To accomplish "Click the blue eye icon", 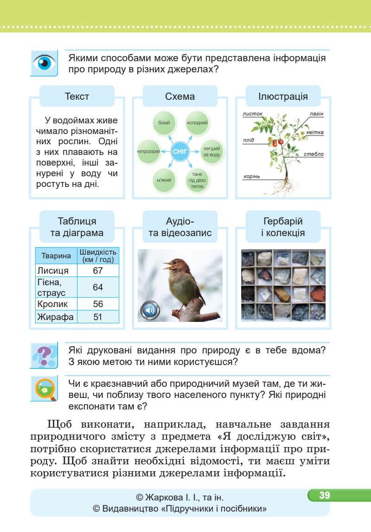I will [45, 63].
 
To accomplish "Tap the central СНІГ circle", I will [180, 151].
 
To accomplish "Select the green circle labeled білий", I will [164, 122].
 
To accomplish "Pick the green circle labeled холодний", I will [197, 123].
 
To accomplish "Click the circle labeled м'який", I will [164, 180].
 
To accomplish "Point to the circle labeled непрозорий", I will [149, 151].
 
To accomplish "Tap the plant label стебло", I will [314, 154].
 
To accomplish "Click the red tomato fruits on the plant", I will [277, 142].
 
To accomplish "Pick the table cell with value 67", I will [98, 271].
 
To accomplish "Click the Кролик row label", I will [52, 304].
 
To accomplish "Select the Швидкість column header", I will [98, 256].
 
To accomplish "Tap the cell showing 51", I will [98, 317].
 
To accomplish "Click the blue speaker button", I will [149, 310].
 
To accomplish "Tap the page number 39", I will [324, 495].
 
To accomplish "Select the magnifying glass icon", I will [45, 389].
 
